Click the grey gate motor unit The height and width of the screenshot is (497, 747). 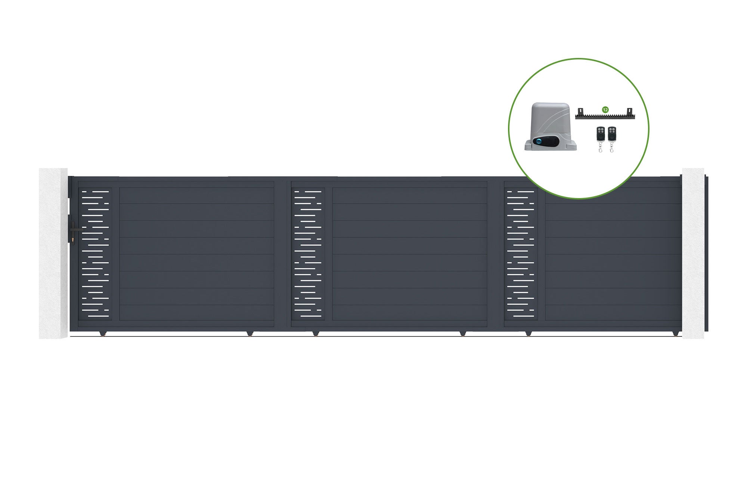tap(551, 127)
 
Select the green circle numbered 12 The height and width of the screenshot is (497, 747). tap(605, 110)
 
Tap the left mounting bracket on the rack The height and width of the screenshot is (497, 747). tap(581, 112)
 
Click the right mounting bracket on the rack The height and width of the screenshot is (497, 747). tap(630, 112)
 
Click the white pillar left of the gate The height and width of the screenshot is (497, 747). tap(53, 253)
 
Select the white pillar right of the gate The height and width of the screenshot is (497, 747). tap(693, 253)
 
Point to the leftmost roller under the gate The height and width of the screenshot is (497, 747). tap(103, 333)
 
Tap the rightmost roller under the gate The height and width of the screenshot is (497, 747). tap(676, 333)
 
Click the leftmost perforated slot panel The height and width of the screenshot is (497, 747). tap(95, 254)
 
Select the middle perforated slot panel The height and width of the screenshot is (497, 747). tap(308, 254)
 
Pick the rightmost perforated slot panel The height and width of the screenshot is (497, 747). tap(521, 254)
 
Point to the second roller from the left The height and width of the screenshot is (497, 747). tap(250, 333)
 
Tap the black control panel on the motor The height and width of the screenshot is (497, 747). tap(546, 142)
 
